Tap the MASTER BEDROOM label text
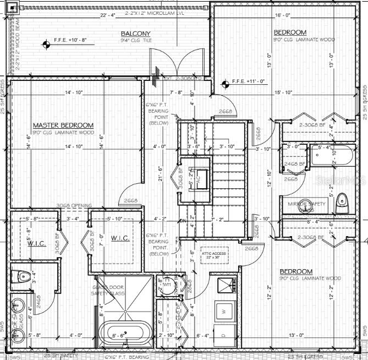[63, 126]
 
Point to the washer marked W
[224, 311]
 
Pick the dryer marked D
[223, 334]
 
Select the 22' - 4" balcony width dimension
[107, 15]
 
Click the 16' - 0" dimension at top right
[282, 15]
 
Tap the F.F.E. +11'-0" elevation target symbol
[224, 84]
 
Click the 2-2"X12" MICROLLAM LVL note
[155, 12]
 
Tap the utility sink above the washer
[226, 285]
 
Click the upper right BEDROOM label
[290, 32]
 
